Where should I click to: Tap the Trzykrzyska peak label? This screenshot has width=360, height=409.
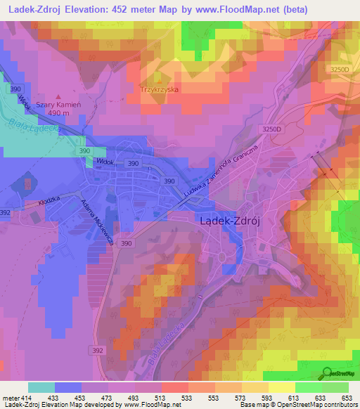click(160, 90)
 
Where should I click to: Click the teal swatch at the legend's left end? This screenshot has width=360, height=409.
click(41, 387)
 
